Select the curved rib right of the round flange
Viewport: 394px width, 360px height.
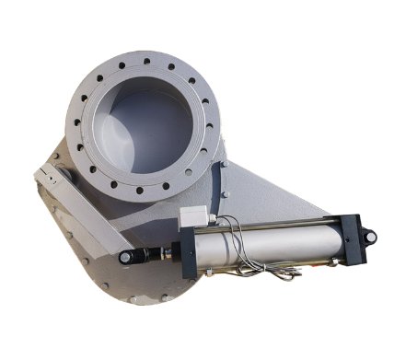pyautogui.click(x=224, y=175)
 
